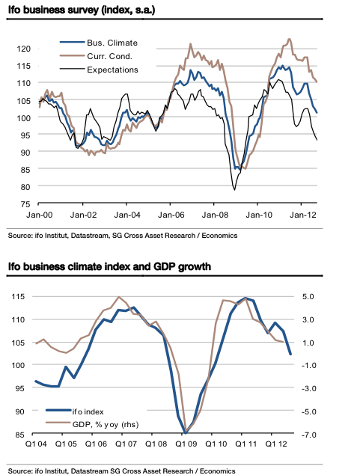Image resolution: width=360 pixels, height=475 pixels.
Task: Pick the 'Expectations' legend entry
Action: [112, 70]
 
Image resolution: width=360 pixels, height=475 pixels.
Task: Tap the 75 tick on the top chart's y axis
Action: [25, 204]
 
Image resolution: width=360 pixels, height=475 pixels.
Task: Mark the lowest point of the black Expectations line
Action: [234, 189]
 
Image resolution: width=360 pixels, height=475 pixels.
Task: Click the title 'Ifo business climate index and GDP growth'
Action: [109, 266]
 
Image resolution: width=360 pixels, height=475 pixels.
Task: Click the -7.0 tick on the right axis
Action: [313, 434]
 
